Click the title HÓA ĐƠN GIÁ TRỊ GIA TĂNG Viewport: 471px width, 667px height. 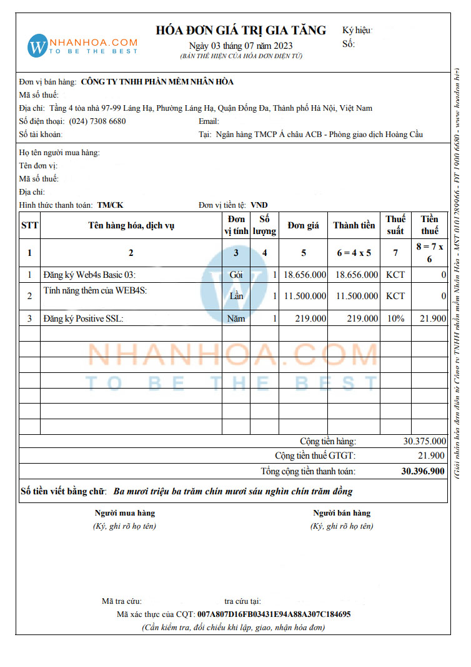tap(240, 30)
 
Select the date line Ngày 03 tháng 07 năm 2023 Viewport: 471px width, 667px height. tap(240, 46)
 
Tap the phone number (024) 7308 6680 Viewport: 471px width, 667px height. tap(97, 121)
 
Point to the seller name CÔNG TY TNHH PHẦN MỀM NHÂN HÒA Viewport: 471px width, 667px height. tap(157, 82)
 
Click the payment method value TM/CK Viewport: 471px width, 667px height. tap(110, 205)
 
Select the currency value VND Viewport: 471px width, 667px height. tap(259, 205)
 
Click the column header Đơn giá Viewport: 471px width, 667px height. tap(304, 225)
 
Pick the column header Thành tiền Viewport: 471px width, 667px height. tap(354, 225)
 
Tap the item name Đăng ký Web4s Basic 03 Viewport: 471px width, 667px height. tap(89, 275)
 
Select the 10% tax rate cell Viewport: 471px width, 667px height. tap(395, 318)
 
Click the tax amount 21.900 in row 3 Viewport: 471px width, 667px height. tap(433, 318)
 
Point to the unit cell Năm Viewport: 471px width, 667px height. tap(236, 318)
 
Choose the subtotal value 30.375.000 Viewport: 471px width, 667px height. tap(425, 441)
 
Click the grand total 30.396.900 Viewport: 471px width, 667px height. tap(423, 471)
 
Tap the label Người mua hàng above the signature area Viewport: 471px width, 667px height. tap(124, 513)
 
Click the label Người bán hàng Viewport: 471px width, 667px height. tap(342, 513)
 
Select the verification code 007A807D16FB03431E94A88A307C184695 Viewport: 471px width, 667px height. tap(274, 614)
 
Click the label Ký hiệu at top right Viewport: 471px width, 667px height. tap(357, 30)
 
